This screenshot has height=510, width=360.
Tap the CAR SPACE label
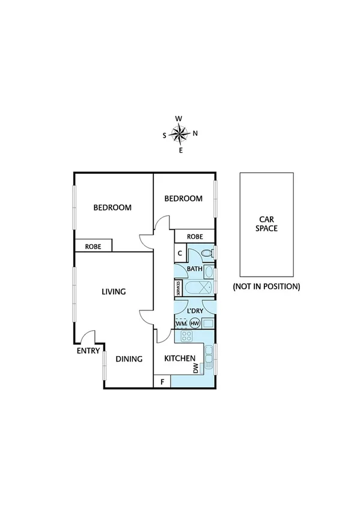[266, 224]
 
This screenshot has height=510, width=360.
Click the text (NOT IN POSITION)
[266, 286]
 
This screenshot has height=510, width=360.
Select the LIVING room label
[114, 292]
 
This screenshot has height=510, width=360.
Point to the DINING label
[129, 359]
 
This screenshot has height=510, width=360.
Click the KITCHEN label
[180, 358]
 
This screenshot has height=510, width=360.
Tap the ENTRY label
[88, 351]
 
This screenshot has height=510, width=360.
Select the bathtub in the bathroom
[198, 288]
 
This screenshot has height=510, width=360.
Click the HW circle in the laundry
[194, 324]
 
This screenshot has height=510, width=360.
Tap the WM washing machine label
[181, 324]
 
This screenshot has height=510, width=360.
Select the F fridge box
[162, 381]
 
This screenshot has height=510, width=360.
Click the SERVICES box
[178, 288]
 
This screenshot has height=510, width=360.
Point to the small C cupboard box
[180, 253]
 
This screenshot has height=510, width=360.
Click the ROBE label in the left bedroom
[93, 246]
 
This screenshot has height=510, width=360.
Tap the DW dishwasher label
[196, 369]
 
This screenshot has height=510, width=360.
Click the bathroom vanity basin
[209, 272]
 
